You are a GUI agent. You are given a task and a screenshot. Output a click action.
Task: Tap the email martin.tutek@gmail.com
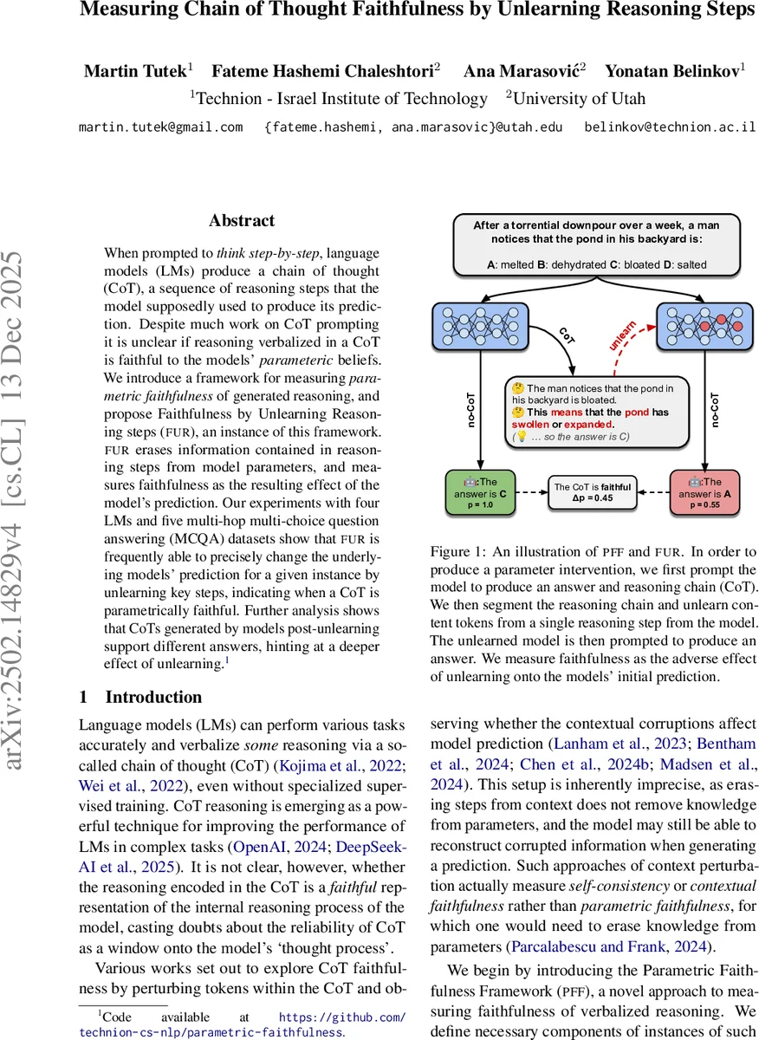pyautogui.click(x=160, y=127)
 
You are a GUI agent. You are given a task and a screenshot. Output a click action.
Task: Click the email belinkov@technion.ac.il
pyautogui.click(x=670, y=127)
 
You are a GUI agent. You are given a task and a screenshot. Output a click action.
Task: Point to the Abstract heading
pyautogui.click(x=242, y=221)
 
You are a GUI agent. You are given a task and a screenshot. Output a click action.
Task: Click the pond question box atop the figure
pyautogui.click(x=595, y=245)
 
